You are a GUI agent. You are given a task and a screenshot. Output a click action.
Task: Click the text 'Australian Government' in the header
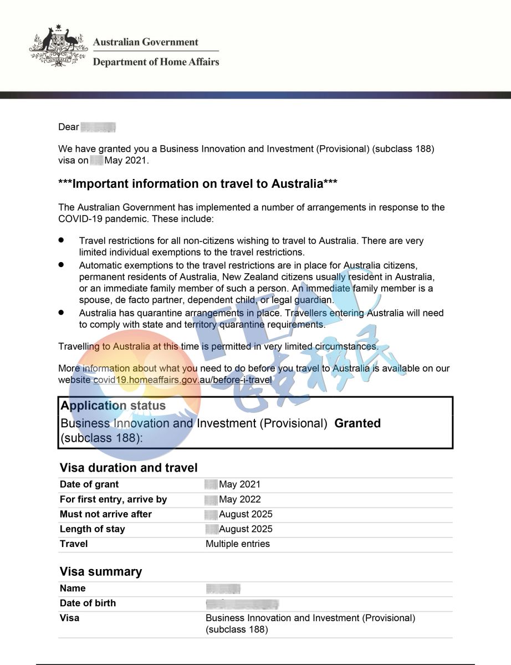[x=145, y=42]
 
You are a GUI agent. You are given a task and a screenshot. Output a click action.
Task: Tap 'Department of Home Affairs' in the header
[x=156, y=62]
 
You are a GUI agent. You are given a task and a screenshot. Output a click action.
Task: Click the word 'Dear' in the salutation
[x=69, y=127]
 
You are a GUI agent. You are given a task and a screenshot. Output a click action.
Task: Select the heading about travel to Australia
[x=198, y=184]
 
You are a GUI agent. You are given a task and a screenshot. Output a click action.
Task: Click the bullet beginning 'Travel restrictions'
[x=251, y=247]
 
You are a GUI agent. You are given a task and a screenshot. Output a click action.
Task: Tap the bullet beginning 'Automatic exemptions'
[x=256, y=283]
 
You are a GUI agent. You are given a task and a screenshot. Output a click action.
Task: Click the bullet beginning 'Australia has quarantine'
[x=261, y=319]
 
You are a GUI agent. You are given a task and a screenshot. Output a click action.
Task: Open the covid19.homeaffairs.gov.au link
[x=182, y=380]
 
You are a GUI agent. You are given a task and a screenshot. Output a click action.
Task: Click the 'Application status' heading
[x=113, y=406]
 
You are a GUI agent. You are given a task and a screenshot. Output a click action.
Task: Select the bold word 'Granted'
[x=357, y=423]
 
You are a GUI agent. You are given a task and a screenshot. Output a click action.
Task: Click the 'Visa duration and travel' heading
[x=128, y=468]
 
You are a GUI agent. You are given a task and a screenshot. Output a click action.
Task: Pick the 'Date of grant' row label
[x=89, y=484]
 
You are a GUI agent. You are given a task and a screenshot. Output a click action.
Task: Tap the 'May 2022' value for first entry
[x=239, y=499]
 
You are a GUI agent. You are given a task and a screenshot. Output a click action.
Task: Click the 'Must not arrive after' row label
[x=105, y=514]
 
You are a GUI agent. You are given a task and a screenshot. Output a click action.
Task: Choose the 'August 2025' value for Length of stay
[x=246, y=529]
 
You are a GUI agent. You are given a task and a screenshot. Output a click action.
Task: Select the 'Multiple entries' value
[x=238, y=544]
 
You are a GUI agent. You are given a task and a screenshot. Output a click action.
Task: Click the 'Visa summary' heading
[x=101, y=571]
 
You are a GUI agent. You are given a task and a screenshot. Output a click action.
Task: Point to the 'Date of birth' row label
[x=88, y=603]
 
